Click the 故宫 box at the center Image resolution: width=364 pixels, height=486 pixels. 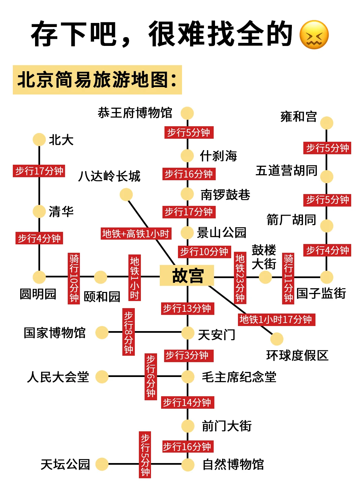187,276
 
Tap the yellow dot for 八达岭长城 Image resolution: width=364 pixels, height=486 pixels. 126,194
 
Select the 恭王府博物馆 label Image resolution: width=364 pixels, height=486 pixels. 135,113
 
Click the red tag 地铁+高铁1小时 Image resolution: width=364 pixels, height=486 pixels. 136,234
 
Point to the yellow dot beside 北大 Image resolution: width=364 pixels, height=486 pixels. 39,139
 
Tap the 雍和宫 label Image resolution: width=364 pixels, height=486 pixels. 299,117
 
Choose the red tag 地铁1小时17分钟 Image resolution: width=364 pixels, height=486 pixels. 276,319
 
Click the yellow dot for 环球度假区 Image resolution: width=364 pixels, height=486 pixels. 277,339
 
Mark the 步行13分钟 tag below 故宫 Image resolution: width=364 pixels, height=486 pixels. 187,308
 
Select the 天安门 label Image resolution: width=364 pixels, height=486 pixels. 216,335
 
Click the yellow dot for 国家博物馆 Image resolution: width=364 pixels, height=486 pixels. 101,332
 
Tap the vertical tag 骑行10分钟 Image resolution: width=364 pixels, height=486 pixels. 74,278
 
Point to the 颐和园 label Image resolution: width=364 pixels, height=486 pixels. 102,297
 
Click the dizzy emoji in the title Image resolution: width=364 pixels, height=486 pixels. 314,35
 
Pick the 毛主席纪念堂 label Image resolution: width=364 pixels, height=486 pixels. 239,377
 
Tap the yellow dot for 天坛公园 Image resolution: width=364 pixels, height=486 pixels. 101,464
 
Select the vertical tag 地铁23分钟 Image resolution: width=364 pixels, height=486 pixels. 240,278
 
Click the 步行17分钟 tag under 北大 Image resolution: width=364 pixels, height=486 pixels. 39,171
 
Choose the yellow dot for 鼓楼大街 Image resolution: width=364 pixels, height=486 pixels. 265,277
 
